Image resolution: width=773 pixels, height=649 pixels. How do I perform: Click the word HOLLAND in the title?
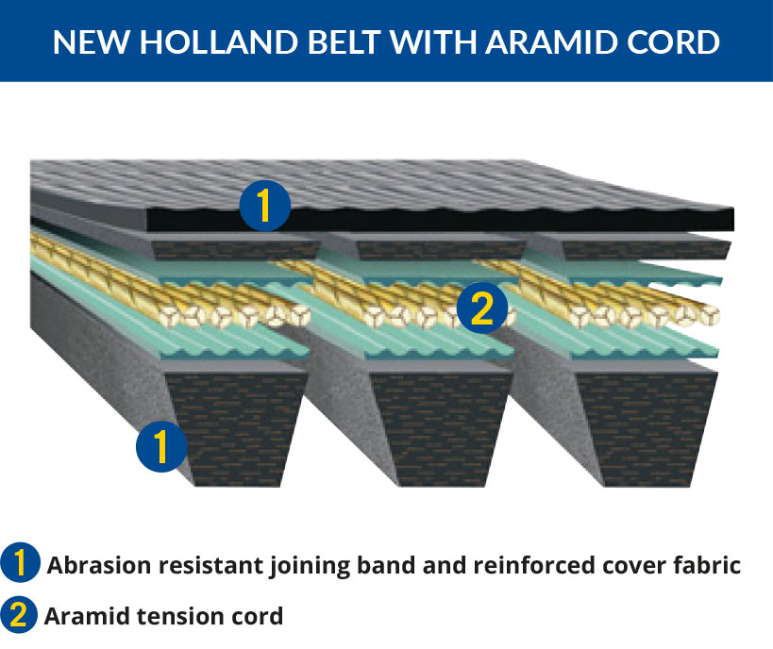pyautogui.click(x=219, y=42)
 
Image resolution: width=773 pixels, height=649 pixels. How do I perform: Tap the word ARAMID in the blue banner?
pyautogui.click(x=552, y=42)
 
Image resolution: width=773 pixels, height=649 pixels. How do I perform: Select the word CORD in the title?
pyautogui.click(x=673, y=42)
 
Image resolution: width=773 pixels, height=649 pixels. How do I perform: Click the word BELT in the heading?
pyautogui.click(x=344, y=42)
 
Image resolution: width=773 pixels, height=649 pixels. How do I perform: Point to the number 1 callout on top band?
pyautogui.click(x=264, y=206)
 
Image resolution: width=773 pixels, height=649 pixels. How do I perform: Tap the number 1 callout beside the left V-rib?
pyautogui.click(x=161, y=446)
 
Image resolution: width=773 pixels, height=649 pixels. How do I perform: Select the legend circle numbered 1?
pyautogui.click(x=20, y=562)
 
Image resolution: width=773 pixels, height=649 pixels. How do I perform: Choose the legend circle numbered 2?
pyautogui.click(x=19, y=614)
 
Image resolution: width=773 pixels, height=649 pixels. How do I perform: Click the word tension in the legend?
pyautogui.click(x=180, y=616)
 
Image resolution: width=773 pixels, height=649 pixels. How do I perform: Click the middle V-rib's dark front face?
pyautogui.click(x=440, y=429)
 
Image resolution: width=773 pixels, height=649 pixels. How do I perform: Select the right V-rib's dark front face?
pyautogui.click(x=647, y=429)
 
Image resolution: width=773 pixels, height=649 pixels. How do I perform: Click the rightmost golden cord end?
pyautogui.click(x=709, y=316)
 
